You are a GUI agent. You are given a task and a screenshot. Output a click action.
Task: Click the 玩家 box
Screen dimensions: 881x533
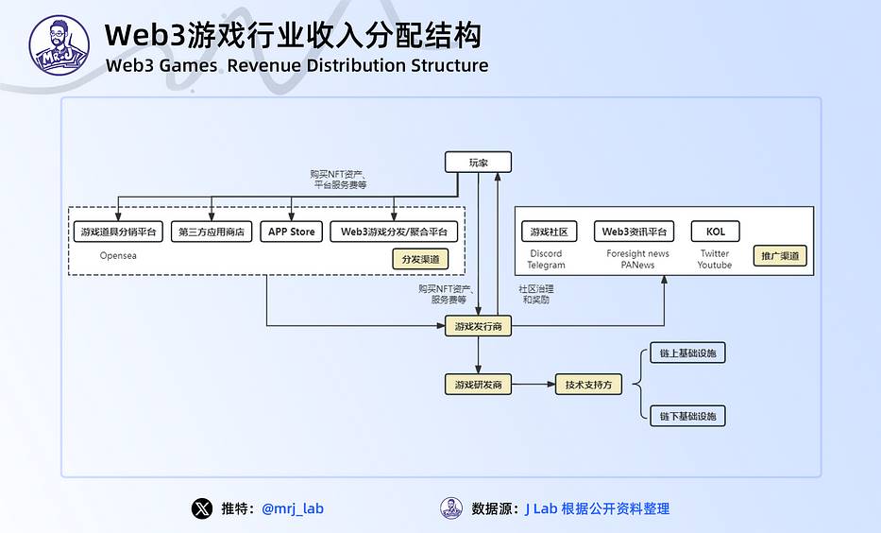click(478, 162)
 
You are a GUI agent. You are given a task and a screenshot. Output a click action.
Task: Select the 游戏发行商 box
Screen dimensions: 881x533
click(478, 326)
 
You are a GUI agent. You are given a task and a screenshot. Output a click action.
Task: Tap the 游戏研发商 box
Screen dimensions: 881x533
click(478, 385)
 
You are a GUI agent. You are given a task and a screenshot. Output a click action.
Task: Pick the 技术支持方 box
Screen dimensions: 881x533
click(588, 385)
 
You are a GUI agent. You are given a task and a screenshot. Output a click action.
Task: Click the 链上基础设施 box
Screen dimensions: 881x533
click(687, 353)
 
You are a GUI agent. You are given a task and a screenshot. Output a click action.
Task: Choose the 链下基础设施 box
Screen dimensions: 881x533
click(687, 416)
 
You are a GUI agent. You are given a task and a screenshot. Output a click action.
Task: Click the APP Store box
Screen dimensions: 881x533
click(291, 232)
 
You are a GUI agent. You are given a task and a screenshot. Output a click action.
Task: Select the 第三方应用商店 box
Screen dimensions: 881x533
click(212, 232)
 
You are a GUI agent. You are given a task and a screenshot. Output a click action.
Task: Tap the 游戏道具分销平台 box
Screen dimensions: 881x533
click(118, 232)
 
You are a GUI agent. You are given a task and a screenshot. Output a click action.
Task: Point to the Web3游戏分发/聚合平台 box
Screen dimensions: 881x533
click(394, 232)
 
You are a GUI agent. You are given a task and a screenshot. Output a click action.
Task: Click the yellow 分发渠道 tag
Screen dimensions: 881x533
click(420, 259)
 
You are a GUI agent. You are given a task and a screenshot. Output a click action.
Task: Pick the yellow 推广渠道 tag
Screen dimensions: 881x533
click(780, 256)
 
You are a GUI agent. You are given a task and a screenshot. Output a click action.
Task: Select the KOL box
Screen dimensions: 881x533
click(715, 232)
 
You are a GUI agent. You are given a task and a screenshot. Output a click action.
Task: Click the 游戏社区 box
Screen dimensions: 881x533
click(549, 232)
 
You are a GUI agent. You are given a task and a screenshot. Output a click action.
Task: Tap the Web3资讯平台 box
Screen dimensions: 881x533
click(634, 232)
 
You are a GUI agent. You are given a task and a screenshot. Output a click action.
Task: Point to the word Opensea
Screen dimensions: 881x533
click(118, 255)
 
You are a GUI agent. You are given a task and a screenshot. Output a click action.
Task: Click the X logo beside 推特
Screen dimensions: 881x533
click(202, 508)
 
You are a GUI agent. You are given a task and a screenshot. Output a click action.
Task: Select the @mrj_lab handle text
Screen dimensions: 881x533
click(293, 508)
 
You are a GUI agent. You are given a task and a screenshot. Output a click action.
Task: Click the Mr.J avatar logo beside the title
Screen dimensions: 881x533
click(59, 45)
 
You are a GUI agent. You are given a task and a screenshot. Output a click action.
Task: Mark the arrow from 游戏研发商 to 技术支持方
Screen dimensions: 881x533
click(534, 385)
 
